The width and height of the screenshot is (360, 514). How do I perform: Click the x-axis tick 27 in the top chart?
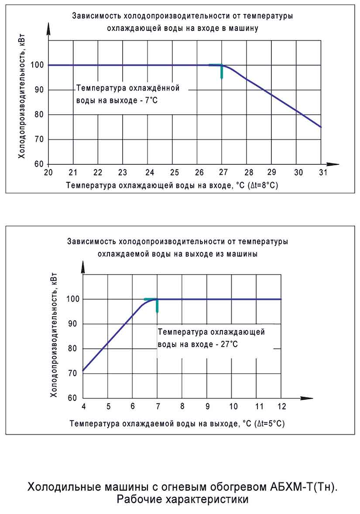(222, 172)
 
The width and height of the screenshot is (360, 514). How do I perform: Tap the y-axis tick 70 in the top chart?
(39, 140)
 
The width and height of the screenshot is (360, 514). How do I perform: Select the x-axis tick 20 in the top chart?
(48, 172)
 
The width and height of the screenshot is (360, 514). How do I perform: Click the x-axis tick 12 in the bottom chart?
(281, 406)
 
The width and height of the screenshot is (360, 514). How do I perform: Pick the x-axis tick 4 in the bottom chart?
(83, 406)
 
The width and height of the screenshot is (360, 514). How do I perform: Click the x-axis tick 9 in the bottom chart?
(207, 406)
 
